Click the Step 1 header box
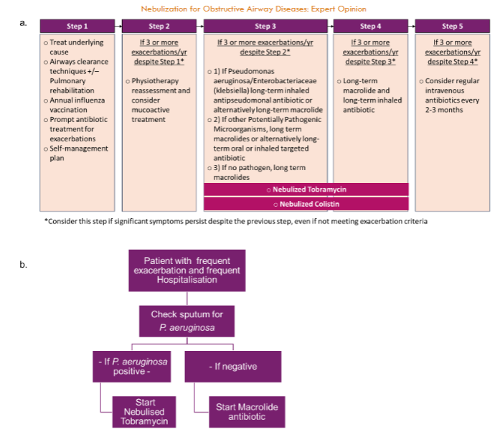click(x=77, y=27)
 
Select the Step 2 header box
click(x=159, y=27)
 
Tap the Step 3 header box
click(x=265, y=27)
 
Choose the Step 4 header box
click(x=370, y=27)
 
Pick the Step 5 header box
click(x=452, y=27)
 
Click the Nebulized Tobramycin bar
click(x=306, y=189)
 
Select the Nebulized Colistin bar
click(x=306, y=204)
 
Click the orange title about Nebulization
click(x=253, y=9)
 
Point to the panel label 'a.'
click(x=24, y=23)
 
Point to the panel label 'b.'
click(x=24, y=264)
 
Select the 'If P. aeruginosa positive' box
click(x=133, y=367)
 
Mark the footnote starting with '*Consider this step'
click(x=236, y=221)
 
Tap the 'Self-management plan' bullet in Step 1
click(x=75, y=154)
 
